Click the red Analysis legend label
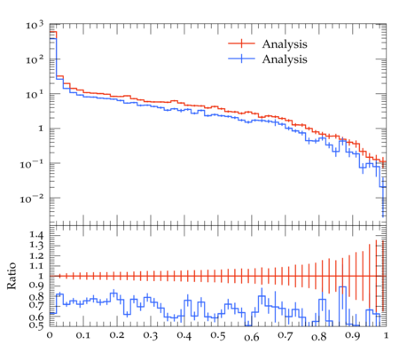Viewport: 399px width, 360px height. point(285,44)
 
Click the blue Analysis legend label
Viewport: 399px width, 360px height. point(285,59)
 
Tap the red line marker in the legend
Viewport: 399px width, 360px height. point(241,43)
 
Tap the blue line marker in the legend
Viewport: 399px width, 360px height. point(241,59)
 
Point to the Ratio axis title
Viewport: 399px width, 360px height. point(12,276)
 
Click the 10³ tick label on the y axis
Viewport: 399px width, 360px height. point(35,25)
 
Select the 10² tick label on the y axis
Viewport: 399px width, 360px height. point(35,59)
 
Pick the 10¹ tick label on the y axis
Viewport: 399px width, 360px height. point(35,95)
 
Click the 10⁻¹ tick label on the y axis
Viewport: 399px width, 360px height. point(32,164)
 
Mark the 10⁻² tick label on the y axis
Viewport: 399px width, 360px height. point(32,199)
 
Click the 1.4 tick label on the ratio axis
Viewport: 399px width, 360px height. point(36,235)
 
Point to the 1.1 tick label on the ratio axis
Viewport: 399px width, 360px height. point(36,266)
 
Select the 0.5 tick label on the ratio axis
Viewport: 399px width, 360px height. point(36,325)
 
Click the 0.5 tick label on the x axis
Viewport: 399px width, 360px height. point(218,336)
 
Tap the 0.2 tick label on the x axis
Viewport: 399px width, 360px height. point(117,336)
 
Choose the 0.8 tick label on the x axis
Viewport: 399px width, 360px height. point(319,336)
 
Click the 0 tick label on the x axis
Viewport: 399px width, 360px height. point(50,336)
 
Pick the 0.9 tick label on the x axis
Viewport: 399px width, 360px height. point(353,336)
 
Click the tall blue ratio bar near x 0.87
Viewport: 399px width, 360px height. point(342,306)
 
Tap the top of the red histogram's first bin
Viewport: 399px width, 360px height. point(53,32)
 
